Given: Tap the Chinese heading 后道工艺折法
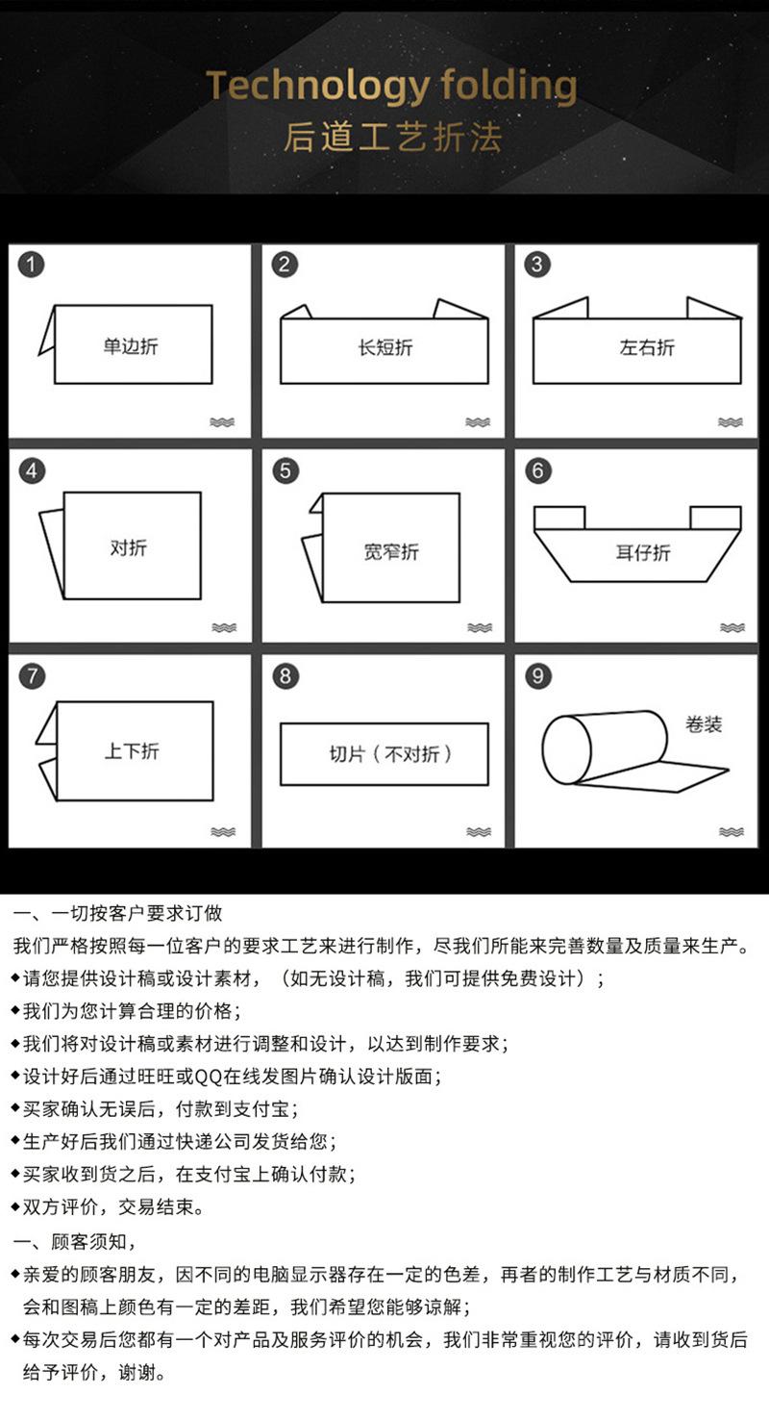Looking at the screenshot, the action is tap(393, 138).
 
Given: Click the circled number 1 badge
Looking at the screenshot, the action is tap(31, 265).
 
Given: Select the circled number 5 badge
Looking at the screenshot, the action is tap(285, 471).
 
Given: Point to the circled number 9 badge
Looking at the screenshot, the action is tap(537, 675).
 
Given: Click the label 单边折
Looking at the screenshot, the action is tap(131, 346).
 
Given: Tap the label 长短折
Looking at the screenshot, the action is tap(385, 347).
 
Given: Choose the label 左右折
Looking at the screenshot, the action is tap(647, 347).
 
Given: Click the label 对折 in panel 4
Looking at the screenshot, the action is tap(129, 547).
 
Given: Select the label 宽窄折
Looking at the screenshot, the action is tap(391, 551).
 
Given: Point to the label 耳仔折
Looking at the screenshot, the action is tap(643, 553).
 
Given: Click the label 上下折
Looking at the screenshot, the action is tap(132, 751).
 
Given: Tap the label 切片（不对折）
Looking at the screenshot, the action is tap(391, 753).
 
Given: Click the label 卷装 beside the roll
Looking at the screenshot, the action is tap(703, 723).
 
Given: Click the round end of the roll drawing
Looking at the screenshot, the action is tap(566, 749).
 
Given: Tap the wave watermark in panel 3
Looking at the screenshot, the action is tap(730, 422).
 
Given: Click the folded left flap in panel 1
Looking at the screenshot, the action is tap(47, 332).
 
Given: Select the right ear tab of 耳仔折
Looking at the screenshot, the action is tap(715, 518).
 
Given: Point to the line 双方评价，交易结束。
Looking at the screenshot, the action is tap(109, 1207).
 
